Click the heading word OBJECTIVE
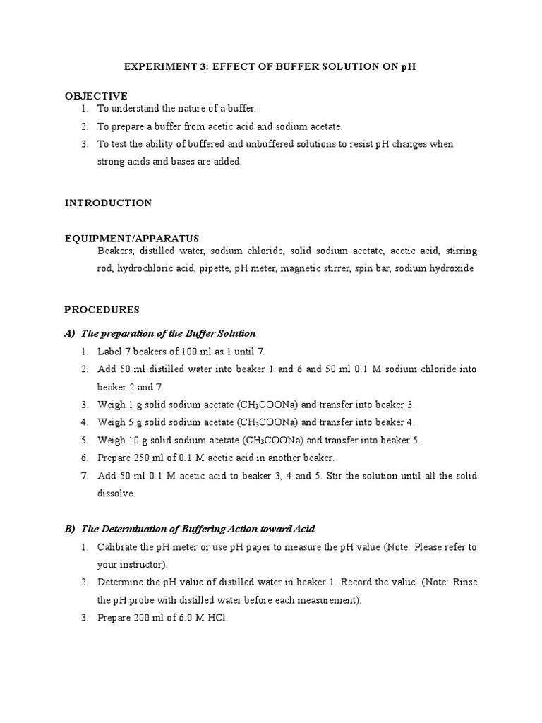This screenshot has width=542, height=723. coord(96,95)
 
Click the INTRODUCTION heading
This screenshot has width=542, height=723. coord(108,203)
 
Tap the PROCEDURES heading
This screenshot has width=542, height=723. coord(102,309)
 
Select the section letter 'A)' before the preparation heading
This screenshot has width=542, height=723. coord(69,333)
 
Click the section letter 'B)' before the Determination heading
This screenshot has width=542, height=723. coord(69,528)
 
